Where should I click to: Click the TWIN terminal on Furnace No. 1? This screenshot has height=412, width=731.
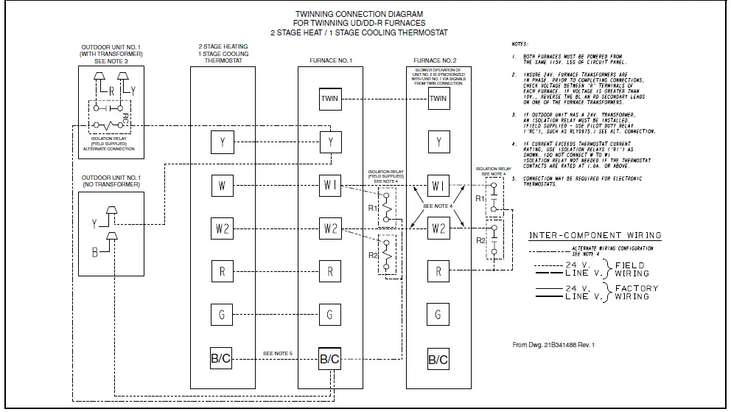click(x=330, y=98)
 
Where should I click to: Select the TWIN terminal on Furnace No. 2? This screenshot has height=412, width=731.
click(x=438, y=98)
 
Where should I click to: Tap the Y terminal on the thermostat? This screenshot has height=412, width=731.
click(x=222, y=142)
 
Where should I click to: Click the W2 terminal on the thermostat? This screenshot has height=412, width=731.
click(x=222, y=228)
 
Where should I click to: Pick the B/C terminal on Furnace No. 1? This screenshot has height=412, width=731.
click(x=330, y=359)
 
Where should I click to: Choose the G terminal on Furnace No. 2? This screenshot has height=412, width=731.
click(x=438, y=315)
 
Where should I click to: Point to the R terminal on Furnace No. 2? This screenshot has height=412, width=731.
click(x=438, y=272)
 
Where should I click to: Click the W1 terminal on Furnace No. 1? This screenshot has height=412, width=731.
click(x=330, y=185)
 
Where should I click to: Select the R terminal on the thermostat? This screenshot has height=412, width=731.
click(x=222, y=272)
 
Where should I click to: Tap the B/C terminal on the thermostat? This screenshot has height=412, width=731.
click(x=222, y=359)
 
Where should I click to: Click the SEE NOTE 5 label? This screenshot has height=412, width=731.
click(x=278, y=355)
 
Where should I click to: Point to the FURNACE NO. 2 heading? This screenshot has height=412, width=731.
click(x=435, y=59)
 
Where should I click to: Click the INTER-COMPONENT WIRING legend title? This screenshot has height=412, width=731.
click(x=595, y=236)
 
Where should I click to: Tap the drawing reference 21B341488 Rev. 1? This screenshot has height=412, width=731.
click(x=553, y=344)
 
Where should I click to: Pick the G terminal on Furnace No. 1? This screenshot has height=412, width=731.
click(x=330, y=315)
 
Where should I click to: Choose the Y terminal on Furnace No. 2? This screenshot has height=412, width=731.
click(x=438, y=142)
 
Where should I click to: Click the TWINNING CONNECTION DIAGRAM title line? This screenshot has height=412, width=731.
click(x=359, y=14)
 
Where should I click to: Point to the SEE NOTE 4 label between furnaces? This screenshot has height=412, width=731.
click(x=438, y=206)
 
